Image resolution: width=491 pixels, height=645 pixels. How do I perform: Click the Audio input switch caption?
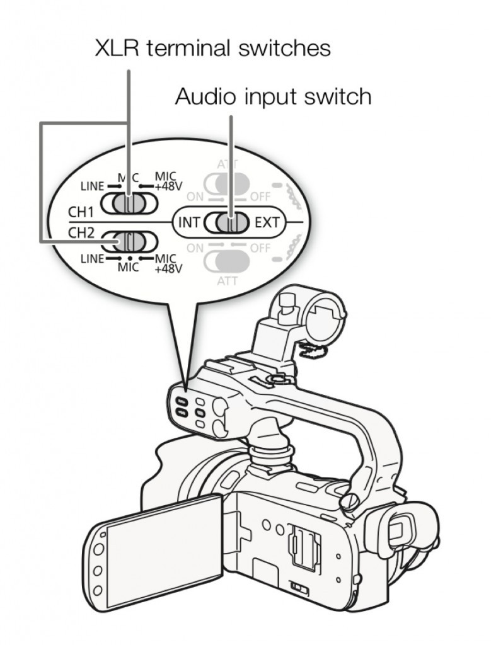(x=273, y=97)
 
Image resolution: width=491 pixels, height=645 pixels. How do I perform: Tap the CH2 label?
(x=81, y=232)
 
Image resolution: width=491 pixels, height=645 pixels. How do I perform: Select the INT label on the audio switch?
(x=189, y=222)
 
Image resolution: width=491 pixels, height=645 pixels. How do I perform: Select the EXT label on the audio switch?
(x=267, y=222)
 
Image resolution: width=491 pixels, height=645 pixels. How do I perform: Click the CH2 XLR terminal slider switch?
(x=128, y=242)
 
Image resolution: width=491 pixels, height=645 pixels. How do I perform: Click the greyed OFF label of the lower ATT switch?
(x=260, y=248)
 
